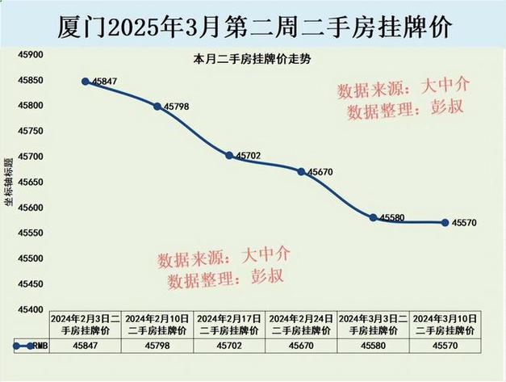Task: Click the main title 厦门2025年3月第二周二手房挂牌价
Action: coord(253,26)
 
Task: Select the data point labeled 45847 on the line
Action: coord(85,82)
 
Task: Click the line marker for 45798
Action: coord(157,106)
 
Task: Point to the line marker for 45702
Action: coord(229,155)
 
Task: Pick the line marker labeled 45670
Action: coord(301,171)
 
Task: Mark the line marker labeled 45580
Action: coord(373,217)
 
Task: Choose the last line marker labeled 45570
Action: coord(445,222)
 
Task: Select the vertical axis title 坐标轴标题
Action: coord(9,182)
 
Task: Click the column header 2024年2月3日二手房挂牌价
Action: coord(86,325)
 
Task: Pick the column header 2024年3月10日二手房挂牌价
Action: coord(445,325)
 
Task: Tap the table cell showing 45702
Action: coord(229,346)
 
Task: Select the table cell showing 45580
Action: coord(373,346)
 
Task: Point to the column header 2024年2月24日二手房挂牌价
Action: coord(301,325)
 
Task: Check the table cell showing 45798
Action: coord(157,346)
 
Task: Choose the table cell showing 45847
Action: coord(86,346)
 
